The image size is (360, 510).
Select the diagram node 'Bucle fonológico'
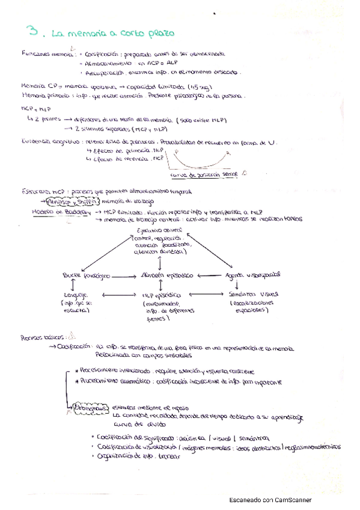86,275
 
